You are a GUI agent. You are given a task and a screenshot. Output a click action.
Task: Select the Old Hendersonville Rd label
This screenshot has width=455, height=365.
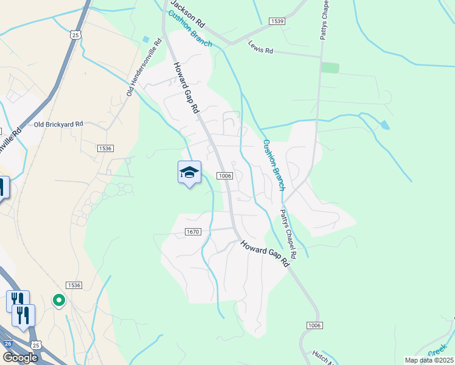[144, 68]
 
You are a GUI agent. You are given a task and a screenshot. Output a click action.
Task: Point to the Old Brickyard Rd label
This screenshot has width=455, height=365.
[58, 124]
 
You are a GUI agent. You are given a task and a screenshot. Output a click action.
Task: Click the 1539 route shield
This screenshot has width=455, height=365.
[277, 21]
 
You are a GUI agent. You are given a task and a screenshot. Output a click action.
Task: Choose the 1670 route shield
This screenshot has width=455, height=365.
[193, 232]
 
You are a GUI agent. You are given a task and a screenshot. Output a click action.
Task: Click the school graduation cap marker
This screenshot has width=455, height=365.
[189, 173]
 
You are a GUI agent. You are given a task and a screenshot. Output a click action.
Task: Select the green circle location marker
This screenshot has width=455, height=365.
[59, 300]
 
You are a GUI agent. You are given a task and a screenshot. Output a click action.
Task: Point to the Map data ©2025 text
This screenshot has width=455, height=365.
[429, 360]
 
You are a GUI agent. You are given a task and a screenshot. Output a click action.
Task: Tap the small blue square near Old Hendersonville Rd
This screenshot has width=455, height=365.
[145, 40]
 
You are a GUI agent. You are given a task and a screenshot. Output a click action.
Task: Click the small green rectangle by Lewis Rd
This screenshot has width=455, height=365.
[330, 68]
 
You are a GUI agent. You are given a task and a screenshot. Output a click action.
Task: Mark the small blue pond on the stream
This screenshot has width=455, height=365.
[384, 125]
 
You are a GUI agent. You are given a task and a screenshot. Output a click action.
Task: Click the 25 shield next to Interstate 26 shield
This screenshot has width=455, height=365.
[36, 345]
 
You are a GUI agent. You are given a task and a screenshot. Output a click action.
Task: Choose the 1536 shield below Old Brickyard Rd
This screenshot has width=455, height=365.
[105, 148]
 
